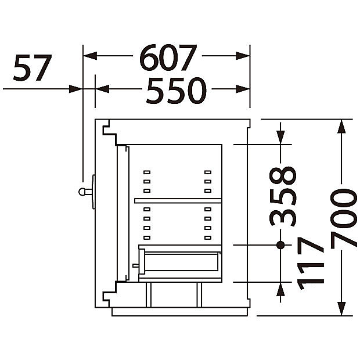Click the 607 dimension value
click(168, 57)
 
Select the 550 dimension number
click(177, 91)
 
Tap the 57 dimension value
click(33, 68)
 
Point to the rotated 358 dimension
click(283, 196)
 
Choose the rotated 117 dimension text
click(311, 264)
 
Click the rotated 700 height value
click(344, 219)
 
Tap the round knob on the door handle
click(82, 192)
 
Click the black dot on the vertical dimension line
click(280, 245)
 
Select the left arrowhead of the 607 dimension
click(90, 56)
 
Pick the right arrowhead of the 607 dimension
click(243, 56)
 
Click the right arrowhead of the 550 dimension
click(243, 89)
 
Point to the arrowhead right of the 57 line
click(75, 89)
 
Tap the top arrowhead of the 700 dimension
click(342, 126)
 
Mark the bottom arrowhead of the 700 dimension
click(342, 308)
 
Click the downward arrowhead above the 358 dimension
click(280, 137)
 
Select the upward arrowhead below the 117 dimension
click(280, 289)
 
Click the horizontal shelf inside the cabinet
click(178, 201)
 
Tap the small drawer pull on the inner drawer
click(135, 265)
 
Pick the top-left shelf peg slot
click(147, 172)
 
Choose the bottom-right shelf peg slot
click(208, 237)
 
